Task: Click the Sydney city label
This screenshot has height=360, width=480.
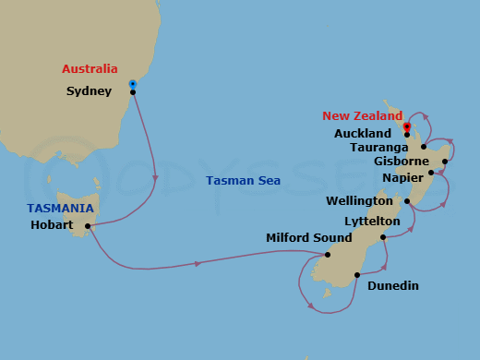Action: click(90, 91)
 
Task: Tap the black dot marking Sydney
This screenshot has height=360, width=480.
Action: click(133, 92)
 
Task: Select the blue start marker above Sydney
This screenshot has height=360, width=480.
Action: click(133, 82)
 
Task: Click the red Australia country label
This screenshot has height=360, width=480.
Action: click(90, 69)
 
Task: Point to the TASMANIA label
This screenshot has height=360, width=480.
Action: click(60, 209)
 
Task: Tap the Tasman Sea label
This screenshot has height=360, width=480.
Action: click(243, 181)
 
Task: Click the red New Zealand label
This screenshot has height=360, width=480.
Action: click(363, 116)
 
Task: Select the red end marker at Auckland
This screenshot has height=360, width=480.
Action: click(407, 125)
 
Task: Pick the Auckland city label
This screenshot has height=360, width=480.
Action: click(363, 134)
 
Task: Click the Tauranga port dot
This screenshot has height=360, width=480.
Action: click(424, 147)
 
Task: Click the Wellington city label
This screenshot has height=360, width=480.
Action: click(359, 200)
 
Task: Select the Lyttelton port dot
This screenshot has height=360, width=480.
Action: click(382, 237)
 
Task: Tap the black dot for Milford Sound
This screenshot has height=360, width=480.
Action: click(329, 255)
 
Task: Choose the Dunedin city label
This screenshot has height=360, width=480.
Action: click(393, 286)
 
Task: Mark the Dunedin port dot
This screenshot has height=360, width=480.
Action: click(357, 274)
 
